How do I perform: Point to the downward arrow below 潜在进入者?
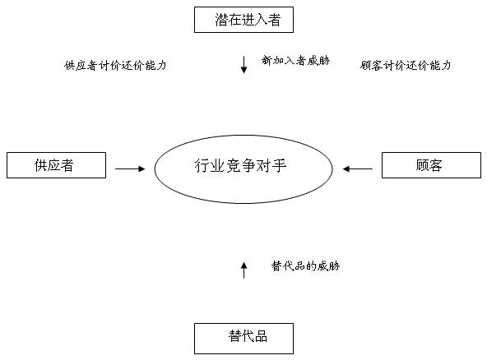(243, 65)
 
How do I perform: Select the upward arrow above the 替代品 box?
(243, 270)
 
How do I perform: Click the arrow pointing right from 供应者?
(130, 168)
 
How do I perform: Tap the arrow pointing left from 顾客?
(358, 168)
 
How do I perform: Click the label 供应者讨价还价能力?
(115, 66)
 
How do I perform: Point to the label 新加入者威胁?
(295, 60)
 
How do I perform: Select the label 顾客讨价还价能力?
(406, 66)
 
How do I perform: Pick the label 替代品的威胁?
(306, 266)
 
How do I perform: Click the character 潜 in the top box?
(222, 20)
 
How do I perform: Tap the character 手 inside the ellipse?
(279, 165)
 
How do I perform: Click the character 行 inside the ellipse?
(202, 165)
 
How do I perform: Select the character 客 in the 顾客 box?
(435, 165)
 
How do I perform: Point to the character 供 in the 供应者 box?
(41, 165)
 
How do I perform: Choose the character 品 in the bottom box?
(261, 336)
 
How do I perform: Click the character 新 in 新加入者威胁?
(267, 60)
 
